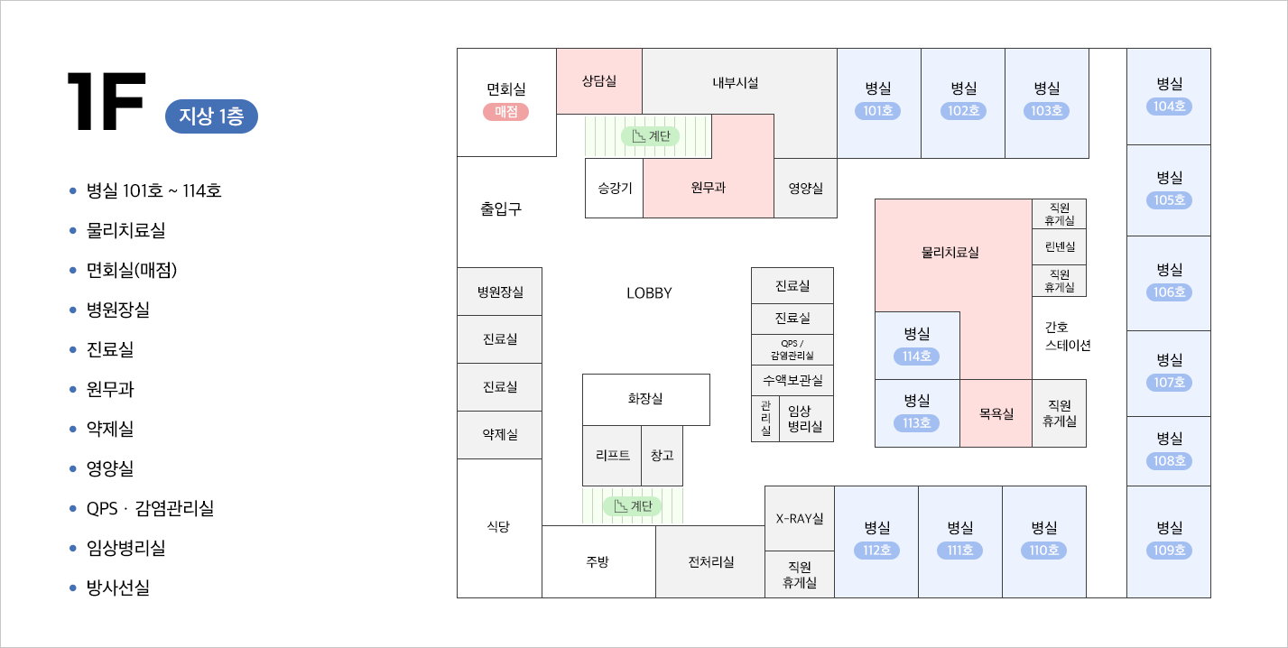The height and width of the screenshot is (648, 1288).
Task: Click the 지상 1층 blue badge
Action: click(x=211, y=116)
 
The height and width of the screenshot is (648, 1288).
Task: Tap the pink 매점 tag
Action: click(x=505, y=112)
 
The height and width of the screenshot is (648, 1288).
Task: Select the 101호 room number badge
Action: click(x=878, y=111)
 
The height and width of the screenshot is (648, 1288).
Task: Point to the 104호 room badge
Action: click(x=1169, y=106)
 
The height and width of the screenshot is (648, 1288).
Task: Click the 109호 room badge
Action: click(x=1169, y=551)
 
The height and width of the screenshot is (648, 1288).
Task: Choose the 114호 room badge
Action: click(x=917, y=356)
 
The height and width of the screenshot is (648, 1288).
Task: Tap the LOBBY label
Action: click(x=649, y=293)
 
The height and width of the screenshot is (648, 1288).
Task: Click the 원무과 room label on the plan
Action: click(x=709, y=188)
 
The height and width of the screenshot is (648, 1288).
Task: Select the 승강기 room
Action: click(x=615, y=188)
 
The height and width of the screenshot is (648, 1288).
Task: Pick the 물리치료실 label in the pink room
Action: click(x=950, y=253)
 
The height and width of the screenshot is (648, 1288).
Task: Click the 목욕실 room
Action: click(x=996, y=414)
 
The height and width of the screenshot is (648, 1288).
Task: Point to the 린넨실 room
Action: click(x=1060, y=247)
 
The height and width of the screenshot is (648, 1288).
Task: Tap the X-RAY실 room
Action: click(x=800, y=518)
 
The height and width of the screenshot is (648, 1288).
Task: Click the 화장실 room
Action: click(x=645, y=398)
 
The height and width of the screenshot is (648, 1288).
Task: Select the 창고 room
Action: click(x=662, y=455)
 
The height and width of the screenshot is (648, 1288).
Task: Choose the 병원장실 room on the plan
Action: click(x=500, y=292)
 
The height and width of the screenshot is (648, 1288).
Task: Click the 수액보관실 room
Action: click(x=792, y=380)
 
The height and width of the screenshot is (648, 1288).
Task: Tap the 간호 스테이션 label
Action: click(x=1068, y=336)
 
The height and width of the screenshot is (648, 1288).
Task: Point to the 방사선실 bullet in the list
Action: click(x=117, y=588)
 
